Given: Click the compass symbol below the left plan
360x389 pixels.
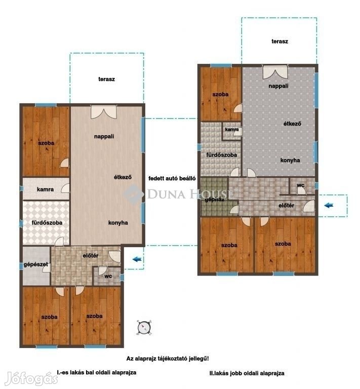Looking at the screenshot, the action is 144,328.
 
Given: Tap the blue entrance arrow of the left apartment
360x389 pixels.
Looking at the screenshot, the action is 137,259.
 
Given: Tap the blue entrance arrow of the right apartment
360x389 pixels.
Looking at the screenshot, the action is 329,205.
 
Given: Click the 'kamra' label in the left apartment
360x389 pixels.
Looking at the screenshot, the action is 45,189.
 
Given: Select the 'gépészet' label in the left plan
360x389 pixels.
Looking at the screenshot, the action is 36,264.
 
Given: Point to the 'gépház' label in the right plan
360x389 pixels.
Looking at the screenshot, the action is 215,200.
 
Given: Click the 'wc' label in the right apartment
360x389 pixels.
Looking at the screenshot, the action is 300,185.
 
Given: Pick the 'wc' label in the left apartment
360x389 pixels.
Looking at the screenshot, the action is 108,276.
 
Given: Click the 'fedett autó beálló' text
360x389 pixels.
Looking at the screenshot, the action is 172,178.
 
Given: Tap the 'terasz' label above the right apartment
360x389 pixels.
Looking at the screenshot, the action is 279,42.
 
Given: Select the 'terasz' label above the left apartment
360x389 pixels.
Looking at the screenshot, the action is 107,79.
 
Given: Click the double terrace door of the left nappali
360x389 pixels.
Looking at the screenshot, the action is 104,111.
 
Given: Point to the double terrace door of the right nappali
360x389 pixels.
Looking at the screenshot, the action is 275,72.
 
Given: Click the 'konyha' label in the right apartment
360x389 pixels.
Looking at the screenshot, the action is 290,160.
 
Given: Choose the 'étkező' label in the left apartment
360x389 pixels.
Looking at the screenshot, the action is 123,177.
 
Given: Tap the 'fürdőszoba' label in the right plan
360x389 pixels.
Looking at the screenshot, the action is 222,155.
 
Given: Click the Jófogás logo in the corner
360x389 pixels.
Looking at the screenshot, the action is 32,378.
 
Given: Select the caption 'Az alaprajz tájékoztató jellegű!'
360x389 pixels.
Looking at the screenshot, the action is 168,359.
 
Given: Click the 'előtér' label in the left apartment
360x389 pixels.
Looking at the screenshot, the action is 91,255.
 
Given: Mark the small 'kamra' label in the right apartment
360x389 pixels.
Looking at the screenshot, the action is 232,130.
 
